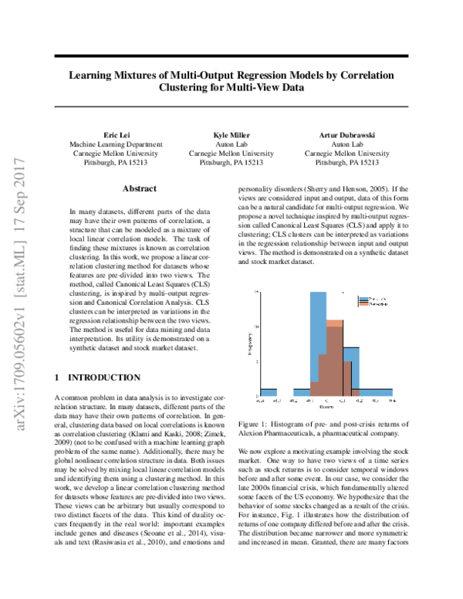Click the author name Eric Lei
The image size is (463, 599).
pos(116,134)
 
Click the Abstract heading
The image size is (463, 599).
pos(140,188)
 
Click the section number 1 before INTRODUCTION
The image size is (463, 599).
pos(58,377)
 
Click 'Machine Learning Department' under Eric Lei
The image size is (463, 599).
pos(116,144)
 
